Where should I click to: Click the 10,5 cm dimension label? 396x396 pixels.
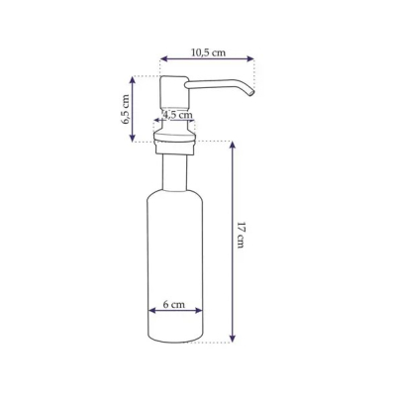coord(208,52)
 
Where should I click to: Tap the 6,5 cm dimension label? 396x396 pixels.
coord(126,109)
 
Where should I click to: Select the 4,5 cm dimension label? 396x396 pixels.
coord(177,115)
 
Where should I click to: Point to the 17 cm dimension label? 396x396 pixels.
coord(242,236)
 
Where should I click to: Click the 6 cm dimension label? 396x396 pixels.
coord(174,304)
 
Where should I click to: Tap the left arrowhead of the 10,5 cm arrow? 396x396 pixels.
coord(163,59)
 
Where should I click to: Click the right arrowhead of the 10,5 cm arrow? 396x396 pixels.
coord(250,59)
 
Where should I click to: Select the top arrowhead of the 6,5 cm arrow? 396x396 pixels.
coord(133,80)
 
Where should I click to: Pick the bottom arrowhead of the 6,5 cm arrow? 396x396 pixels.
coord(133,139)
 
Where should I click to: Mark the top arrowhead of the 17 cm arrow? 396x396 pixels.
coord(233,146)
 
